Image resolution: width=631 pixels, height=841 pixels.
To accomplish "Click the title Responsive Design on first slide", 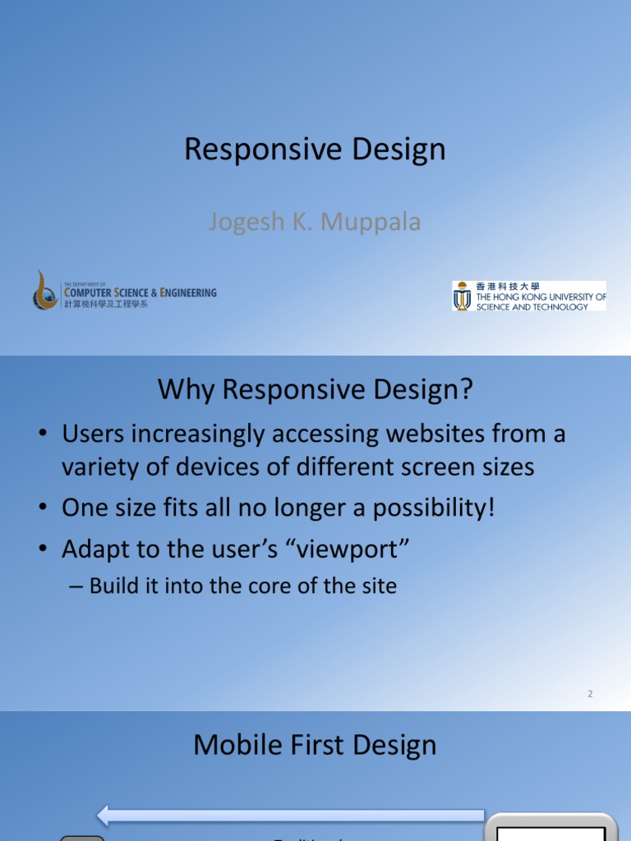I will tap(315, 149).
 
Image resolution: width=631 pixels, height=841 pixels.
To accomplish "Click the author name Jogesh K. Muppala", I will tap(315, 222).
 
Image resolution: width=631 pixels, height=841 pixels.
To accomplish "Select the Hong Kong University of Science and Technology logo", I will tap(529, 296).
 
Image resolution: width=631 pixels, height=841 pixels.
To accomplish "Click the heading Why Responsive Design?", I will tap(315, 390).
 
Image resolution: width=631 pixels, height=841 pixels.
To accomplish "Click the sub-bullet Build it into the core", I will tap(242, 586).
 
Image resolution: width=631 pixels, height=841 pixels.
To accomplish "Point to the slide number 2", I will tap(590, 694).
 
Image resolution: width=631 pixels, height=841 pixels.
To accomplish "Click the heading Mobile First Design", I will tap(315, 746).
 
